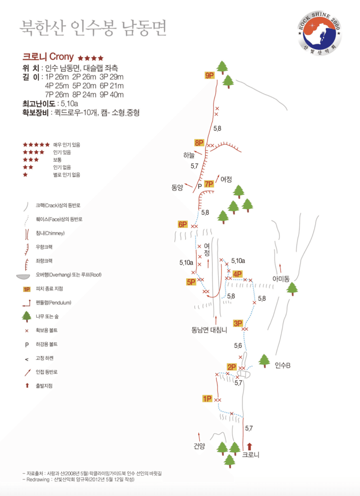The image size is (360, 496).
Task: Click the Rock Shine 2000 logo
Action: coord(319,33)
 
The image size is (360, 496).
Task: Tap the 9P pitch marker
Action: coord(209,76)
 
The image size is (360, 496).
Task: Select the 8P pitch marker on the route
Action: coord(199,143)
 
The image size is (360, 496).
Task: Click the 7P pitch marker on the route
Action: coord(209,184)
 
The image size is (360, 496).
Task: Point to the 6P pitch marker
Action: coord(183,224)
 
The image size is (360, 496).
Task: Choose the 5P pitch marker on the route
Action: coord(191,282)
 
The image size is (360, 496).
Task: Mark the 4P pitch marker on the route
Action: coord(237,274)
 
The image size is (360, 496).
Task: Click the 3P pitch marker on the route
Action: coord(238,323)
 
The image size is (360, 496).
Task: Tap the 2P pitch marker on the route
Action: coord(232,367)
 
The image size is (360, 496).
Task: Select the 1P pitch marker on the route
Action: coord(208,399)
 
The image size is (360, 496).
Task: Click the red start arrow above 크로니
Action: coord(250,446)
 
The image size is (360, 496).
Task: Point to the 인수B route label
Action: coord(282,365)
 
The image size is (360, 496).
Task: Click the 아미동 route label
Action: coord(281,279)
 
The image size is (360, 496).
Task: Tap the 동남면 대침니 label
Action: coord(209,330)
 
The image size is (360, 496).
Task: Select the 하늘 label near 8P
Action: coord(189,155)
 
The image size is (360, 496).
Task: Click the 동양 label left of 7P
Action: coord(177,188)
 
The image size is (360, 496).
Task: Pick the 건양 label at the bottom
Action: coord(199,446)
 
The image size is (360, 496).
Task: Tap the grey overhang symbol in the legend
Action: coord(23,277)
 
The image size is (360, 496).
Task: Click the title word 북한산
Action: coord(43,28)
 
